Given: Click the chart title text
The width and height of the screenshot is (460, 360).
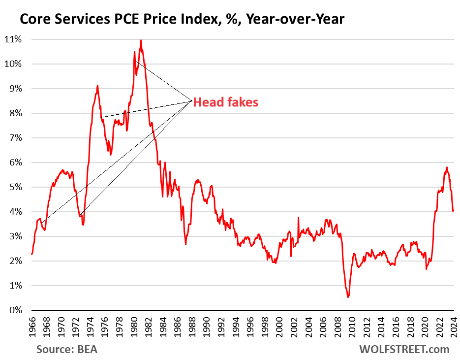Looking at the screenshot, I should pos(182,19).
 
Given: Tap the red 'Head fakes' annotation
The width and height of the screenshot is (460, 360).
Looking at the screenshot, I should pos(225,102).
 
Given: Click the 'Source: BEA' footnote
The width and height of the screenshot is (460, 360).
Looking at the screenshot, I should pos(66,349).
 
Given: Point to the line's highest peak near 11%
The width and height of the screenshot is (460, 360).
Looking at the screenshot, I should pos(141,40).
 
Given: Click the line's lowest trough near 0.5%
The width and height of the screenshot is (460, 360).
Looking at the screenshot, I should pos(348,297).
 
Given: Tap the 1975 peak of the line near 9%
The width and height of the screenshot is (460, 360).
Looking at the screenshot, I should pos(97,86).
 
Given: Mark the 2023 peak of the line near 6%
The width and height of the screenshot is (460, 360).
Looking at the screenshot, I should pos(446,167).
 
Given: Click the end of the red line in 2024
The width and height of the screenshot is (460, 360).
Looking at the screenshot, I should pos(453,210).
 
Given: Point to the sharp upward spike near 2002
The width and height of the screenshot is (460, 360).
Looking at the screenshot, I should pos(298,217).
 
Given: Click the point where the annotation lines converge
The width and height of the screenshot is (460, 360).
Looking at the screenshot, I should pos(191,101).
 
